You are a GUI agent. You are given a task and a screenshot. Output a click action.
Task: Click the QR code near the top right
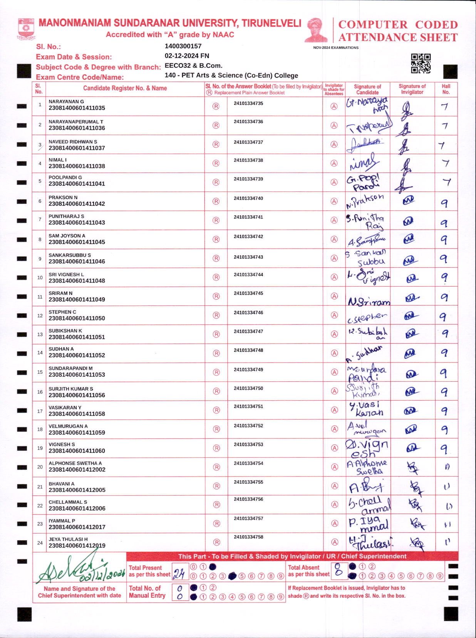pyautogui.click(x=421, y=63)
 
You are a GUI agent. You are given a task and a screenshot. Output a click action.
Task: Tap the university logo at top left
pyautogui.click(x=26, y=28)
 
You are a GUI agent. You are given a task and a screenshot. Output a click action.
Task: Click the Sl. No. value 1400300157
pyautogui.click(x=183, y=46)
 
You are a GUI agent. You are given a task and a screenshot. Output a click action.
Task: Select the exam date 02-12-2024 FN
pyautogui.click(x=187, y=56)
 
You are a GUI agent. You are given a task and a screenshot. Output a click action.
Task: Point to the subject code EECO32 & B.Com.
pyautogui.click(x=193, y=65)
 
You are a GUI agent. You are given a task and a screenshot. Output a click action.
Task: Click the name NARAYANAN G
pyautogui.click(x=66, y=102)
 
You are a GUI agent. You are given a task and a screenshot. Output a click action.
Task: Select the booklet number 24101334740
pyautogui.click(x=248, y=198)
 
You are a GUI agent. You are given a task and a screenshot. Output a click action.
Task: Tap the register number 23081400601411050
pyautogui.click(x=77, y=318)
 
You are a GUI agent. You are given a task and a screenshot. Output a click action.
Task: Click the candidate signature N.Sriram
pyautogui.click(x=369, y=302)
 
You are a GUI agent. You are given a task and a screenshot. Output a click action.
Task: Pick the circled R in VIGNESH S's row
pyautogui.click(x=216, y=448)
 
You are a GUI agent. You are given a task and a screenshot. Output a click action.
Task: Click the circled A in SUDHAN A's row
pyautogui.click(x=334, y=353)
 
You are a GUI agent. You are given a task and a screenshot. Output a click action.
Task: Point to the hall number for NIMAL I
pyautogui.click(x=446, y=163)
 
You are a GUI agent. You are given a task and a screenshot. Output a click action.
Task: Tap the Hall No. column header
pyautogui.click(x=446, y=89)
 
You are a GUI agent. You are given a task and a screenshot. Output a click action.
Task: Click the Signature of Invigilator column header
pyautogui.click(x=412, y=89)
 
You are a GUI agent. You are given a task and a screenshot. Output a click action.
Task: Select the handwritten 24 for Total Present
pyautogui.click(x=179, y=574)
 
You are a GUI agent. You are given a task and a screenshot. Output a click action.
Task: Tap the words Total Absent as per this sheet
pyautogui.click(x=309, y=571)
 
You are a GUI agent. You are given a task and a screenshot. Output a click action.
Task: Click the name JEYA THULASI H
pyautogui.click(x=68, y=539)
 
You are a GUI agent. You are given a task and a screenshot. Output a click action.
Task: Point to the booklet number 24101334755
pyautogui.click(x=248, y=482)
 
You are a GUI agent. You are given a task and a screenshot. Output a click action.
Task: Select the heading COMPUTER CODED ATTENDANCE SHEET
pyautogui.click(x=398, y=31)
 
